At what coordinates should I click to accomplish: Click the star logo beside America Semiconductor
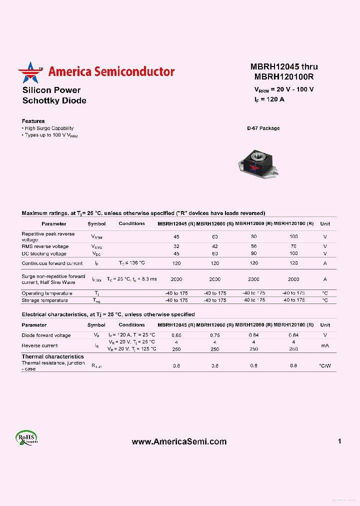[x=31, y=72]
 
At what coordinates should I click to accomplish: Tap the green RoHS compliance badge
[x=26, y=438]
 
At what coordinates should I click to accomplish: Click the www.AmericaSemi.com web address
[x=179, y=441]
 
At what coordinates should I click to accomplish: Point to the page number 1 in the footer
[x=339, y=441]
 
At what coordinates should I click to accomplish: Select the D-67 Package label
[x=263, y=128]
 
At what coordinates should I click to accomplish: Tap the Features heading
[x=33, y=121]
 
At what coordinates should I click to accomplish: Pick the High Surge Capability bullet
[x=48, y=128]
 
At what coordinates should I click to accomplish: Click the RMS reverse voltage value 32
[x=176, y=246]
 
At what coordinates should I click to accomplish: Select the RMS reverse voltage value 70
[x=293, y=246]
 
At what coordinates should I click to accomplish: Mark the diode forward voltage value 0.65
[x=176, y=335]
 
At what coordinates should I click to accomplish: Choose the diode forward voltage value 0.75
[x=214, y=335]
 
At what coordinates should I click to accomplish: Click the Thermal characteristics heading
[x=52, y=356]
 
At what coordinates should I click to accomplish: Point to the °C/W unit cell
[x=325, y=366]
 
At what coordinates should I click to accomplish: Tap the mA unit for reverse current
[x=325, y=345]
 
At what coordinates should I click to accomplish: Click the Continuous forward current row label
[x=52, y=263]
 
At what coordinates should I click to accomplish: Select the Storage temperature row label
[x=44, y=300]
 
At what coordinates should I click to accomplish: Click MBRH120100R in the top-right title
[x=283, y=77]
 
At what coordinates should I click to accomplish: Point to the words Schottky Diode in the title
[x=54, y=100]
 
